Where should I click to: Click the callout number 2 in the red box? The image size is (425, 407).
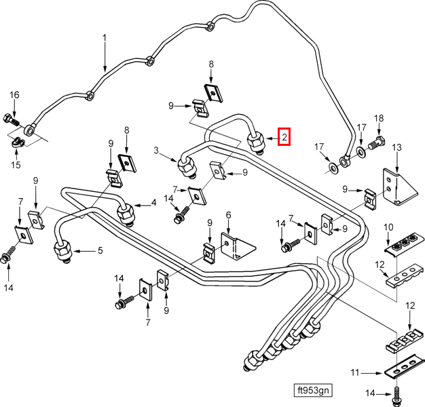pyautogui.click(x=284, y=137)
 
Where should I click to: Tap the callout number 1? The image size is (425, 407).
pyautogui.click(x=105, y=38)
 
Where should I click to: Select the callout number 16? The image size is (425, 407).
pyautogui.click(x=15, y=95)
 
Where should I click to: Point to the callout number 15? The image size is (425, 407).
pyautogui.click(x=16, y=164)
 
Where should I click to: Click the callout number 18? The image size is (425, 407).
pyautogui.click(x=379, y=118)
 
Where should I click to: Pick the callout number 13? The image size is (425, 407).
pyautogui.click(x=396, y=148)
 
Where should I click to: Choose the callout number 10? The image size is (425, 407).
pyautogui.click(x=388, y=227)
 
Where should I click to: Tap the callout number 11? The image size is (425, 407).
pyautogui.click(x=355, y=373)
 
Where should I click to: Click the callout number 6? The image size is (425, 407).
pyautogui.click(x=229, y=215)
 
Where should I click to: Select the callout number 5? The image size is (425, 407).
pyautogui.click(x=100, y=250)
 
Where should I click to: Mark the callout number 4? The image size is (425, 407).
pyautogui.click(x=153, y=202)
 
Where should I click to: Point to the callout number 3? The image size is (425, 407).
pyautogui.click(x=156, y=151)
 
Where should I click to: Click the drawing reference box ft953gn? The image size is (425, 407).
pyautogui.click(x=313, y=390)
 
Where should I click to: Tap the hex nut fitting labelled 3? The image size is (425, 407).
pyautogui.click(x=186, y=167)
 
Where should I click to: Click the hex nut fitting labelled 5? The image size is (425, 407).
pyautogui.click(x=63, y=251)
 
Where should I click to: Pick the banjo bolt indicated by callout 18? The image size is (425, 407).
pyautogui.click(x=377, y=143)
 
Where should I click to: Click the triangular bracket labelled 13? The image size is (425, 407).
pyautogui.click(x=399, y=187)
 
